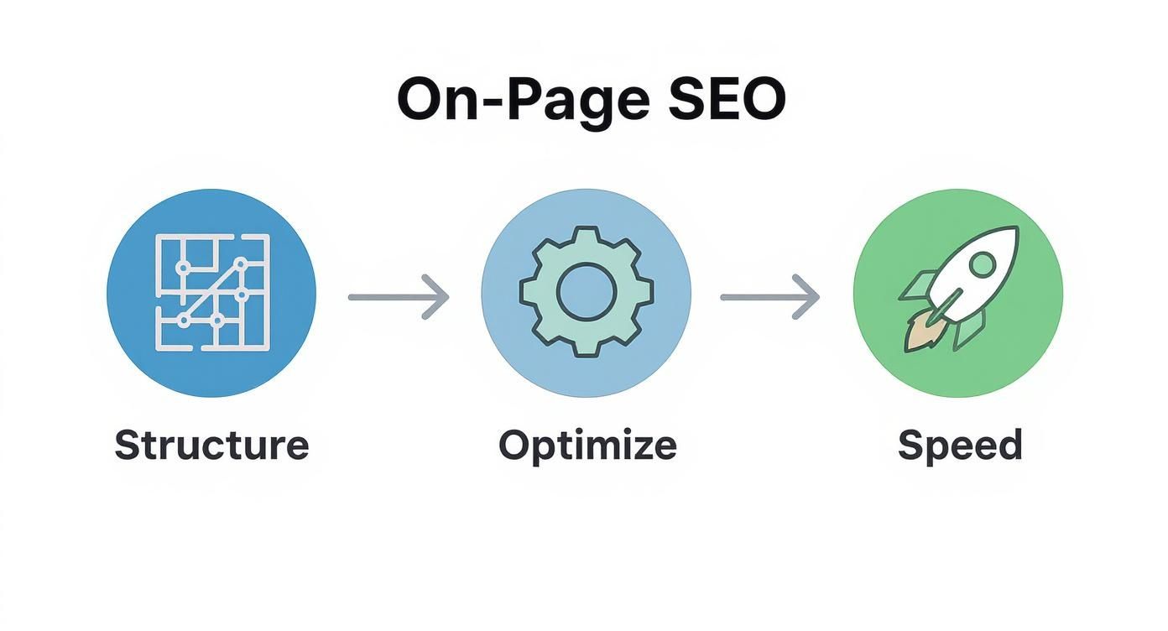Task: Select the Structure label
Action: point(211,445)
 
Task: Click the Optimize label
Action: point(587,445)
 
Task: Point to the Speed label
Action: point(960,445)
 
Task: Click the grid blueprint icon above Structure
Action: point(211,292)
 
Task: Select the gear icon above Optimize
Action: point(587,292)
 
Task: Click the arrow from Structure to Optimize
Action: point(399,296)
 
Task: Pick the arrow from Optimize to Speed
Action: point(769,296)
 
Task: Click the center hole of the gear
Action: point(587,292)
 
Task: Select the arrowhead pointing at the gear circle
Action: point(439,296)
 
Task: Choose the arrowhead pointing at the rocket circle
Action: point(809,296)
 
